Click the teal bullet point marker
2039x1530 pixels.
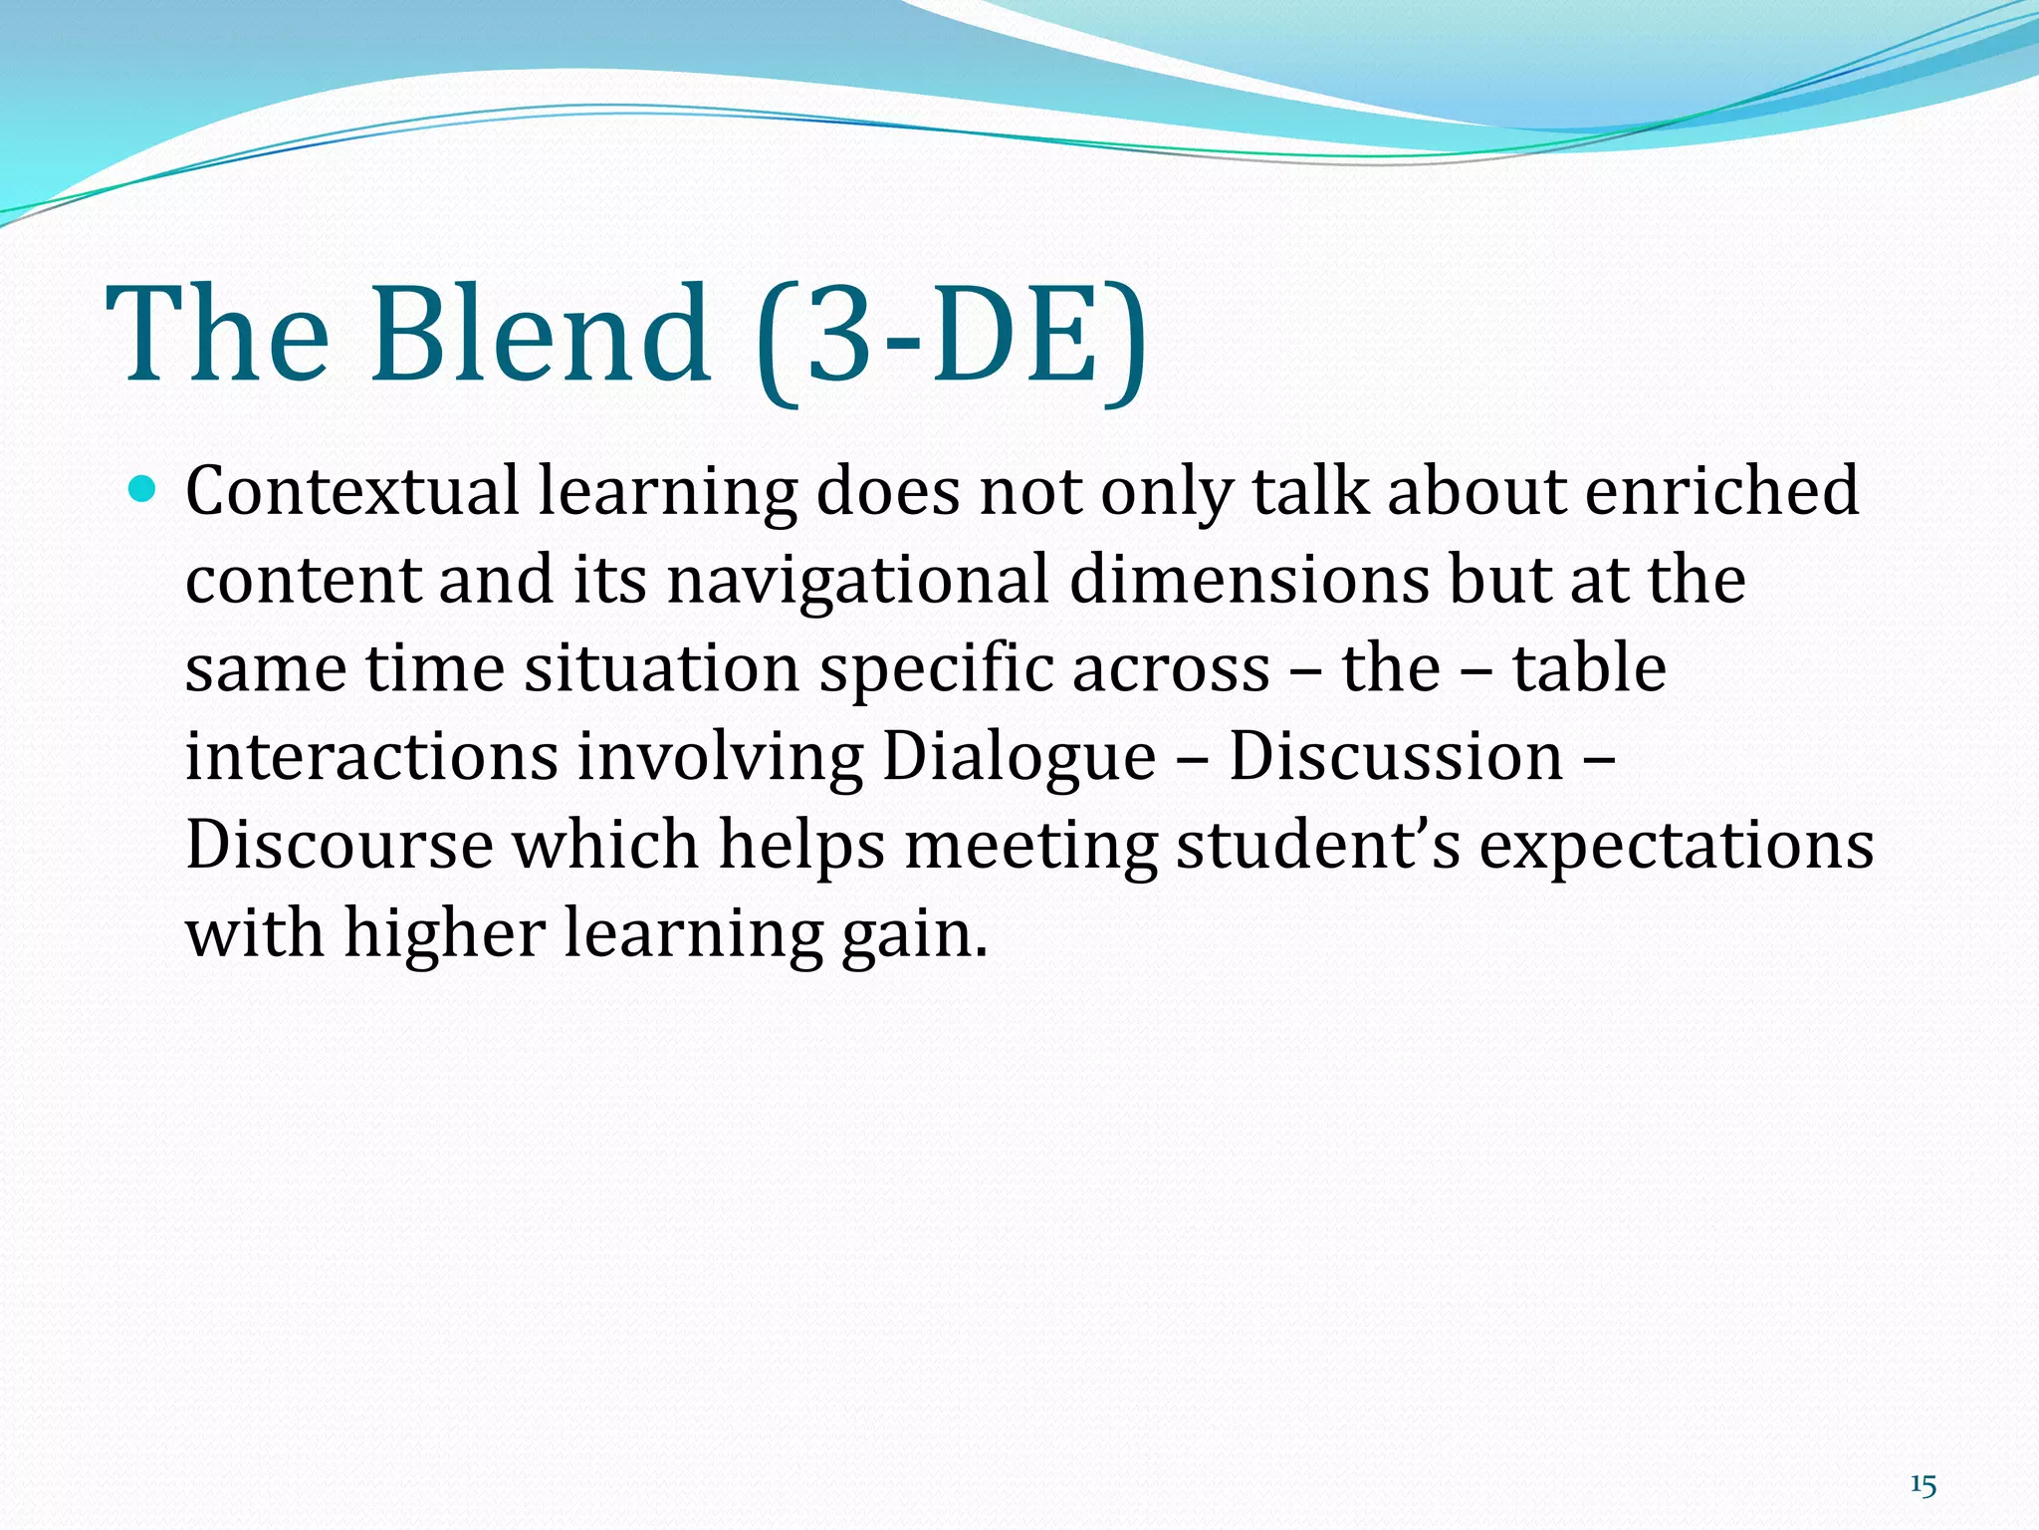click(x=144, y=489)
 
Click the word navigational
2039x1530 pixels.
click(x=857, y=579)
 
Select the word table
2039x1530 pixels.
click(x=1589, y=667)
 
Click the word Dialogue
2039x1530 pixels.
click(x=1019, y=758)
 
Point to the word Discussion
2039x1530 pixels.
click(x=1396, y=756)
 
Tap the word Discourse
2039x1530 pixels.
click(x=340, y=845)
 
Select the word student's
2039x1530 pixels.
click(x=1318, y=845)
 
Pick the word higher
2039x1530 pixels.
click(x=445, y=934)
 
